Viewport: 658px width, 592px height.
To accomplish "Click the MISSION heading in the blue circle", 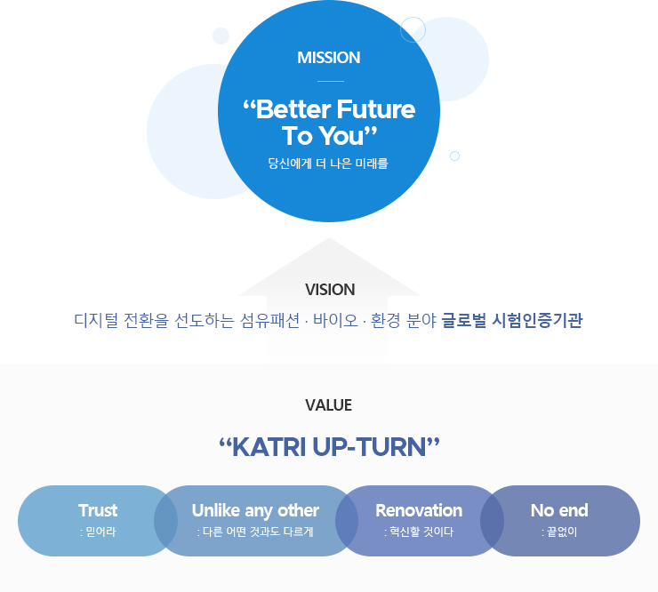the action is point(329,58).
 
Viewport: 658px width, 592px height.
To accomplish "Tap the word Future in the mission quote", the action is point(375,109).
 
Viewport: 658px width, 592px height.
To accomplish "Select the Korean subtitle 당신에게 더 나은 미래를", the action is point(328,164).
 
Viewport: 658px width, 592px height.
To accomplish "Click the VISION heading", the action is point(330,290).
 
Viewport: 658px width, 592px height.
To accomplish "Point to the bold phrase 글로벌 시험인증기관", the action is point(512,320).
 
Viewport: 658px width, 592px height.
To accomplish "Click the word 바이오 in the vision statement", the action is point(336,320).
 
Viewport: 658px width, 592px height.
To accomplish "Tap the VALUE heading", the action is point(329,404).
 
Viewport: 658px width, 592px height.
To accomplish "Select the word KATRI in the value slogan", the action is point(269,447).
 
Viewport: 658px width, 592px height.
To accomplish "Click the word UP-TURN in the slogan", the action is point(369,447).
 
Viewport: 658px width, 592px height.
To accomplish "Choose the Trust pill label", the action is point(98,510).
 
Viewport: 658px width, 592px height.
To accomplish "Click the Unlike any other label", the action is point(255,510).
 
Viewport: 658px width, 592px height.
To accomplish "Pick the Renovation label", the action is point(419,510).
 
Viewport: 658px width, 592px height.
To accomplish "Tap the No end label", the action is point(559,510).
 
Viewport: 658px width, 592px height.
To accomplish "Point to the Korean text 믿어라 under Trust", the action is point(100,532).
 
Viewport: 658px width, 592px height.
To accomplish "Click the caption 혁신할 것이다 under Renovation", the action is point(421,532).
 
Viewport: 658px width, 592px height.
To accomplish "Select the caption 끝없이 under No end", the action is point(562,532).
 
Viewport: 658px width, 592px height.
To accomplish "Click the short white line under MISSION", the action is point(331,81).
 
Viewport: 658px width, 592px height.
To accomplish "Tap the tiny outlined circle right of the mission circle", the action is point(454,156).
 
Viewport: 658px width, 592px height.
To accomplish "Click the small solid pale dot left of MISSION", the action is point(221,36).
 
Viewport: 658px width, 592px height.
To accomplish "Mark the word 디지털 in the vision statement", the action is point(96,320).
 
